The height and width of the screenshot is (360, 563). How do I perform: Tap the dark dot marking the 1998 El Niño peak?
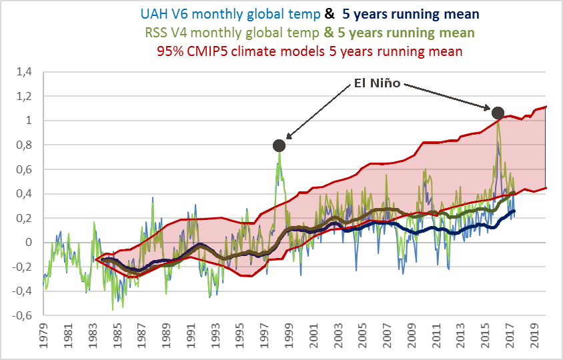click(x=279, y=145)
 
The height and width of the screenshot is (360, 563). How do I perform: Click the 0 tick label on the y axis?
click(x=29, y=243)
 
